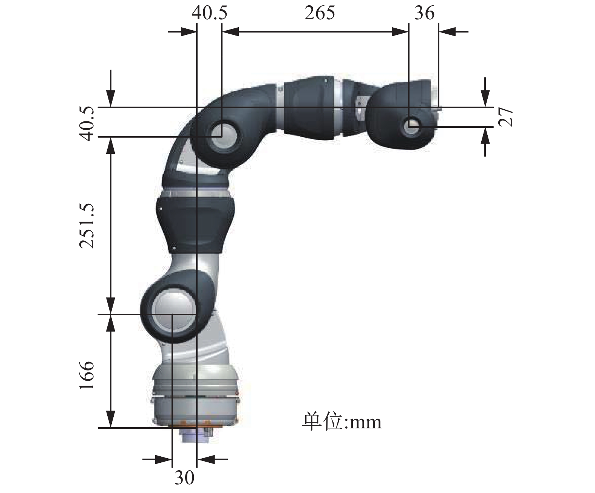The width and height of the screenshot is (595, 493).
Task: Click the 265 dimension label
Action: tap(320, 13)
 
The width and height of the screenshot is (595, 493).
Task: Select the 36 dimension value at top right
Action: tap(424, 13)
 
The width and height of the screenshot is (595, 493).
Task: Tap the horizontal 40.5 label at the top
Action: tap(209, 13)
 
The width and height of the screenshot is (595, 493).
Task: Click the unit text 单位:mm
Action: tap(342, 422)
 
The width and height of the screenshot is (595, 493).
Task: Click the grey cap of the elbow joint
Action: tap(223, 135)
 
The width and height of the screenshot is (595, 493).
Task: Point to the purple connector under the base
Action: tap(194, 437)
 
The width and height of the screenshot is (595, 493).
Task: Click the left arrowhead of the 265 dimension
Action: tap(230, 32)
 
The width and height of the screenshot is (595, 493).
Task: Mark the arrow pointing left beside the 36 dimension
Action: tap(448, 32)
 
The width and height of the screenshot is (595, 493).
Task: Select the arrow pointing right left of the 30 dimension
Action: tap(164, 459)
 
